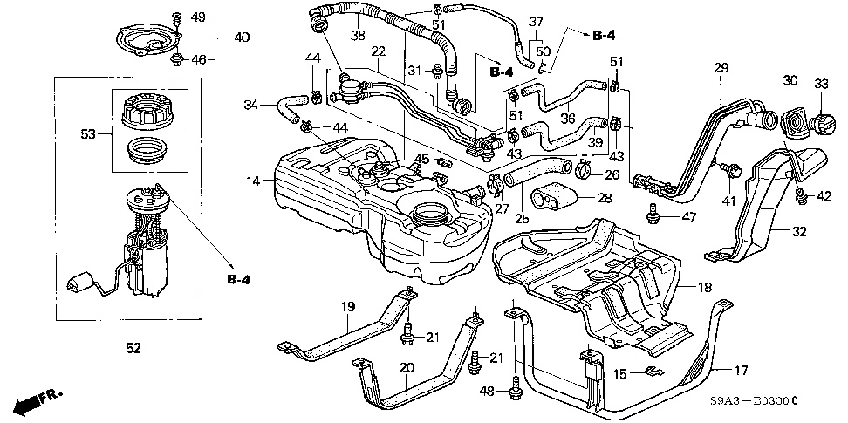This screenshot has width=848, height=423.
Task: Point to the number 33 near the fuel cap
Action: pos(820,83)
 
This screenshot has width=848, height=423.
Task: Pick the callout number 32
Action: pos(800,232)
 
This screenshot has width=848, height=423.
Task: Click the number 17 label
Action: pos(741,370)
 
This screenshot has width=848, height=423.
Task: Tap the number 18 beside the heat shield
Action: pos(704,285)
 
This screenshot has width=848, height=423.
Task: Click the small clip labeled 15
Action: pos(650,374)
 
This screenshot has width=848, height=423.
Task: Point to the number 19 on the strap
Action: pos(347,307)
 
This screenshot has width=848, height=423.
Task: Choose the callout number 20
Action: pos(406,367)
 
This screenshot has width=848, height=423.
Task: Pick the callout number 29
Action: pos(721,67)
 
